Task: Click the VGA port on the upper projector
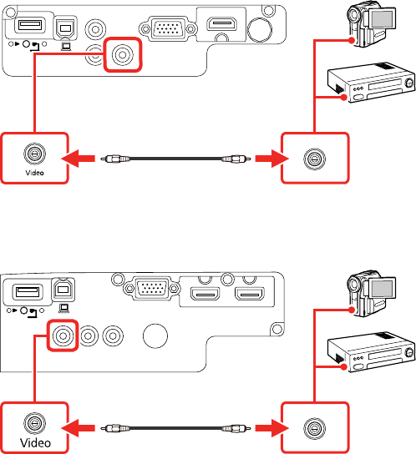coord(168,28)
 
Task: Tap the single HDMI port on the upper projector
coord(221,24)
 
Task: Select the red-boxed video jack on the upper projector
coord(122,54)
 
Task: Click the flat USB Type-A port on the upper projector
coord(30,25)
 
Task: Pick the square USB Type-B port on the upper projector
coord(66,28)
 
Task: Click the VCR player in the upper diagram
coord(371,83)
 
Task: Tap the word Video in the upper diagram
coord(35,173)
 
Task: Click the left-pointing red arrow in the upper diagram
coord(79,159)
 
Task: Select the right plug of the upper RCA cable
coord(236,159)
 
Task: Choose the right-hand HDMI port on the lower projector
coord(250,294)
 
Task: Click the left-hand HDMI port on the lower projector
coord(205,294)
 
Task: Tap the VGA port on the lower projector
coord(152,288)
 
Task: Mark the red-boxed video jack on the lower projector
coord(63,335)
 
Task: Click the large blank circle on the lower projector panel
coord(155,335)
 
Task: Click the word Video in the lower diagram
coord(35,442)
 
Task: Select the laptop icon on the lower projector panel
coord(63,308)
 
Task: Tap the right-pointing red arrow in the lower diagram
coord(272,428)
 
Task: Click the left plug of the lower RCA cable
coord(115,428)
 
